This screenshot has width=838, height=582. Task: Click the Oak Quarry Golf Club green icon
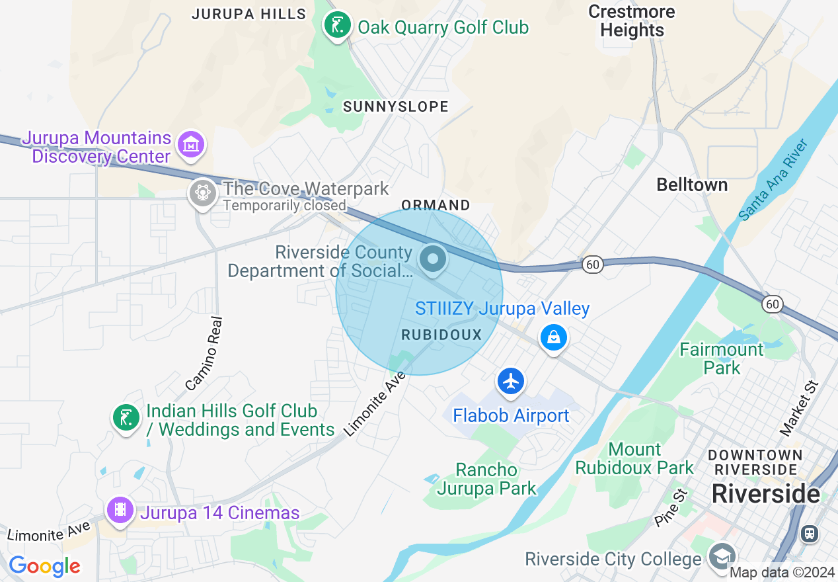338,26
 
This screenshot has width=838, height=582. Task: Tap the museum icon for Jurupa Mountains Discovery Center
191,144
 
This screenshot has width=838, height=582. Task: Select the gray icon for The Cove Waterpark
202,193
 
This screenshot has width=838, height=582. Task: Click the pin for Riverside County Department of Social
434,258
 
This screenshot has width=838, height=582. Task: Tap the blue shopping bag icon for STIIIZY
553,337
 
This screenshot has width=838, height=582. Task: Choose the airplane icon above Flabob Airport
511,382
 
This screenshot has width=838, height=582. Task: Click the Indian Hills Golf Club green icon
126,417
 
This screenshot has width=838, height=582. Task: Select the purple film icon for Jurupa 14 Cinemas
120,509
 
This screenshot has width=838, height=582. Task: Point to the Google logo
44,566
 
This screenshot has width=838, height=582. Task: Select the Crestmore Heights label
632,21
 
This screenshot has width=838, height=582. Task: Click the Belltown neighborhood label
692,185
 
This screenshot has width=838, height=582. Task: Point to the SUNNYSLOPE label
396,106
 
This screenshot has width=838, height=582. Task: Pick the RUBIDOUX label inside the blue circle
442,335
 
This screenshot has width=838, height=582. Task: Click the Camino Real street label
204,353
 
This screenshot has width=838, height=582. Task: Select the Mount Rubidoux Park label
634,458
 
